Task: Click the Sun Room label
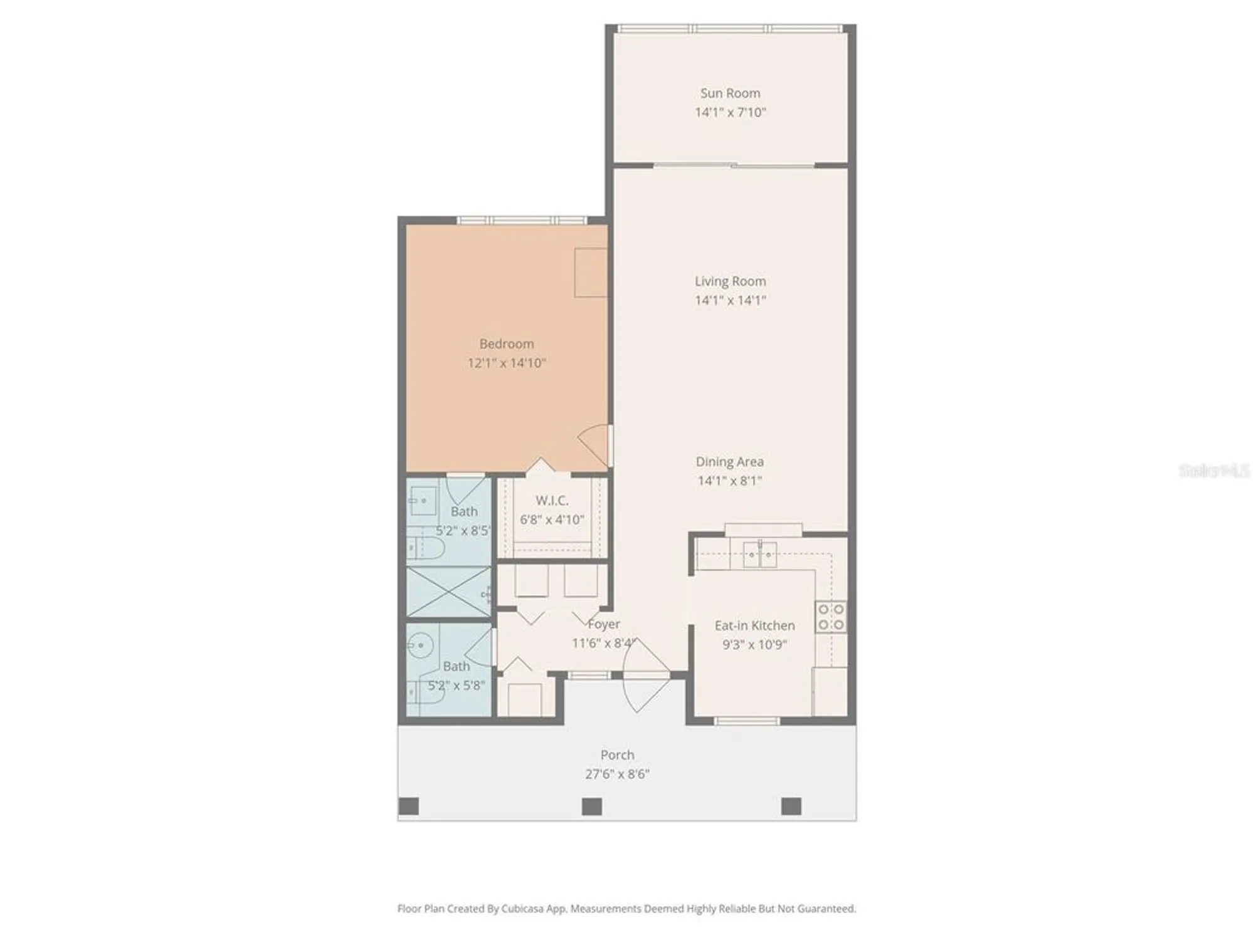pos(730,93)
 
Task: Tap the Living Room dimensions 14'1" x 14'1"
pos(730,300)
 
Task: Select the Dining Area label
pos(729,462)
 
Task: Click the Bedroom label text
pos(506,344)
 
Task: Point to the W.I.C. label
pos(552,501)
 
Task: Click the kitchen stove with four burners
pos(831,617)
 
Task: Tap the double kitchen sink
pos(760,555)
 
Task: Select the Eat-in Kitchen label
pos(754,625)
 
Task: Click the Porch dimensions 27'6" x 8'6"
pos(617,774)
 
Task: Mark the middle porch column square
pos(591,806)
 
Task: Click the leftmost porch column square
pos(408,806)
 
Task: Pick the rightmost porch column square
pos(791,806)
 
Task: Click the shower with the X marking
pos(449,592)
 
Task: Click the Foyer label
pos(604,624)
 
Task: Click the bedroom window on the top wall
pos(522,220)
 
